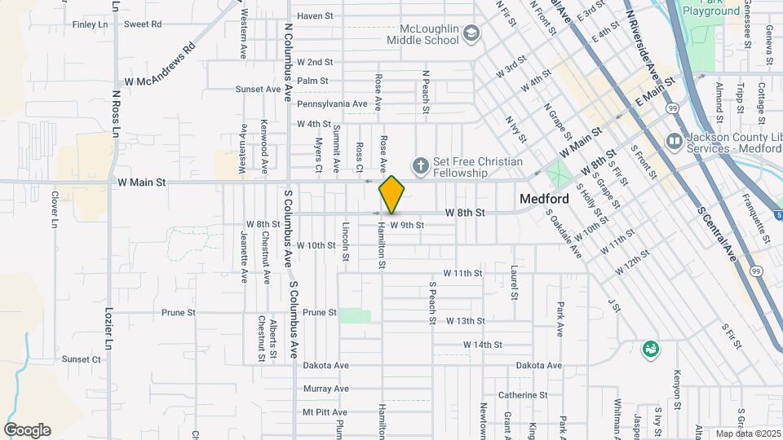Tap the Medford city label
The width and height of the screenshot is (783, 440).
545,199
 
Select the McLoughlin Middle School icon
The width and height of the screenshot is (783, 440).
471,33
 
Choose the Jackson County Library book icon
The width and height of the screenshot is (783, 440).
675,141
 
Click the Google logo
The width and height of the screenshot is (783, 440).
27,430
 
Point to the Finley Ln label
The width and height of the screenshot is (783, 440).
90,24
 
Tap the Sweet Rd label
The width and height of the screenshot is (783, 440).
143,24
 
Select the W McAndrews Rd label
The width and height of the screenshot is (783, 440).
160,65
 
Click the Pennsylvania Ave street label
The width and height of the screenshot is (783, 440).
332,103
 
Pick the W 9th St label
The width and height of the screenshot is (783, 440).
407,225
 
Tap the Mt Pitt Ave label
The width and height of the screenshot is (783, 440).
325,412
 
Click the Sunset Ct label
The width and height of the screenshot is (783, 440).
81,359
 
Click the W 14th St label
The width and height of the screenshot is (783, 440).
483,345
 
